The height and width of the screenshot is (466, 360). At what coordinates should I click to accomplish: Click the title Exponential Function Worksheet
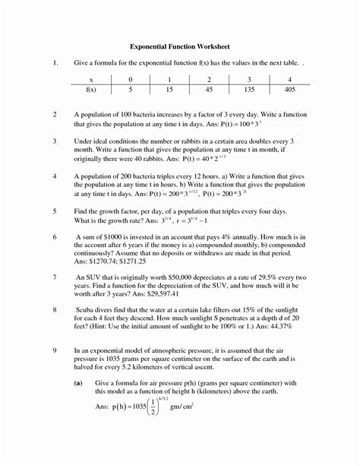(x=179, y=46)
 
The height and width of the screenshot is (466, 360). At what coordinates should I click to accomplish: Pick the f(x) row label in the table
(x=90, y=90)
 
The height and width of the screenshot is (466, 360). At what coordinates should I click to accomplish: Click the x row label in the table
(x=90, y=79)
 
